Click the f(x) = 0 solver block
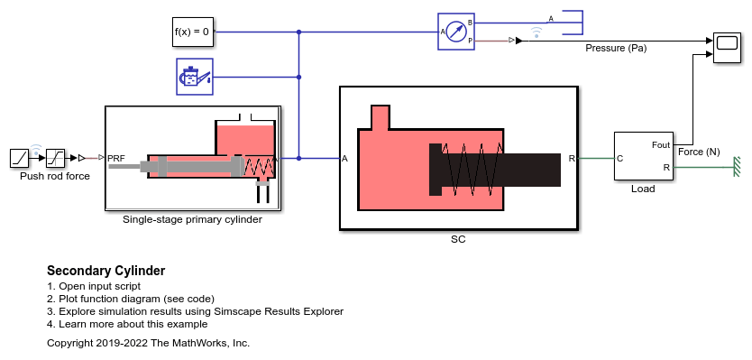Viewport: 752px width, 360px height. (193, 32)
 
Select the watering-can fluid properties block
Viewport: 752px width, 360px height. (195, 77)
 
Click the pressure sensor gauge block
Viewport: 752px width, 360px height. (455, 32)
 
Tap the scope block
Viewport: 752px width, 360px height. (727, 47)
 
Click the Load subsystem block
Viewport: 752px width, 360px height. (644, 156)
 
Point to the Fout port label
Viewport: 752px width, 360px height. (661, 144)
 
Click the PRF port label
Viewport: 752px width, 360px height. (116, 158)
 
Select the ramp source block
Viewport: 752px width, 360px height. (20, 158)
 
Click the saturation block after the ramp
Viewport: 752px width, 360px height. (56, 158)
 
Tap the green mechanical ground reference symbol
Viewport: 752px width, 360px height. (737, 167)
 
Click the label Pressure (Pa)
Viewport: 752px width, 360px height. (616, 48)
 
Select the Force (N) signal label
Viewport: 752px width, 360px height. (699, 152)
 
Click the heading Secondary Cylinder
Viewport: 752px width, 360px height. (106, 271)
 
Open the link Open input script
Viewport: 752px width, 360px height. (100, 286)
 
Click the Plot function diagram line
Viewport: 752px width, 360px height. (137, 299)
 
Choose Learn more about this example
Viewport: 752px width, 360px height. (133, 324)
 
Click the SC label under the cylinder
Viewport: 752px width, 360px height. (458, 239)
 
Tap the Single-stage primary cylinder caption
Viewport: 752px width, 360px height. (192, 220)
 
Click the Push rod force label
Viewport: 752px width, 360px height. (55, 176)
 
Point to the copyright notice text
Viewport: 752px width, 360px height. (148, 343)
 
